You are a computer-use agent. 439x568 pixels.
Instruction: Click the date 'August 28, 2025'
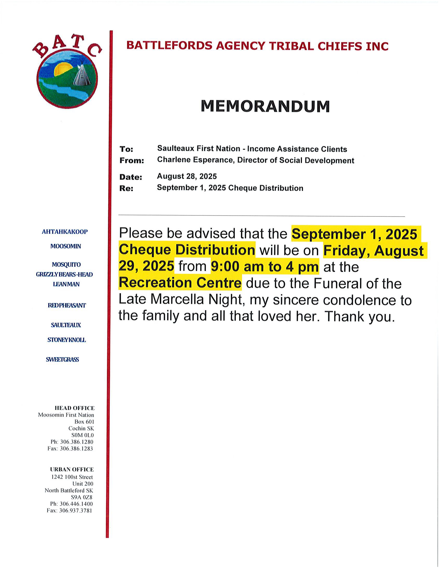[187, 176]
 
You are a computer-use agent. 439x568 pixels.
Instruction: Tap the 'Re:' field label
[126, 188]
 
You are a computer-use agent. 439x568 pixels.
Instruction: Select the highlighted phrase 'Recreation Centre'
[180, 283]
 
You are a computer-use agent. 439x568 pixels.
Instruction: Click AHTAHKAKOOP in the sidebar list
[65, 232]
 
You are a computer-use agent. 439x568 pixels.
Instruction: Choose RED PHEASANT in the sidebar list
[67, 305]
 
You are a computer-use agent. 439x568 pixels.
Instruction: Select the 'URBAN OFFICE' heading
[72, 469]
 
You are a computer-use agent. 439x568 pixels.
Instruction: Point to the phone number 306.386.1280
[76, 442]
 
